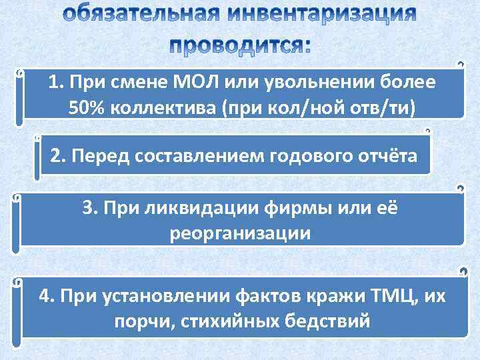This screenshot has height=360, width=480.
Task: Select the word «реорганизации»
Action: click(x=240, y=233)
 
